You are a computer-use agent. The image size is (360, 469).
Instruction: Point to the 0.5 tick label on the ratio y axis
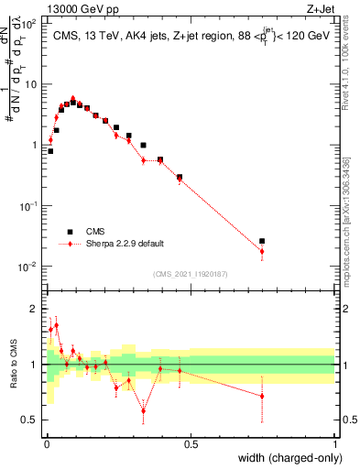click(29, 420)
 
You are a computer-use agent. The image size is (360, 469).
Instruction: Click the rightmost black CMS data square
click(262, 241)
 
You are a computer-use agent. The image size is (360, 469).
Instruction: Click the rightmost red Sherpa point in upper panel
click(262, 251)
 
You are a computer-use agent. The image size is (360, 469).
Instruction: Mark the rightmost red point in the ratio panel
click(262, 397)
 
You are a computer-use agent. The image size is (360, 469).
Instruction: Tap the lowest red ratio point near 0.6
click(143, 410)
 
